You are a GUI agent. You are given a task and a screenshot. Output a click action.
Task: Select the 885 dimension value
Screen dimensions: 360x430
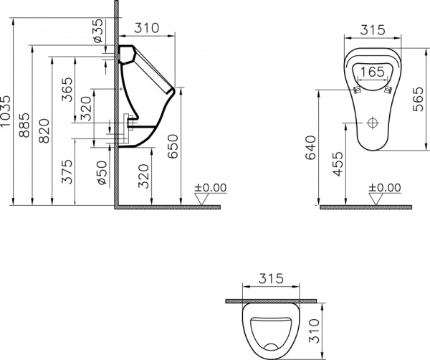click(25, 128)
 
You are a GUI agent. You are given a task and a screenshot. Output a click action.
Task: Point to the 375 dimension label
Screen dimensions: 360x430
click(67, 173)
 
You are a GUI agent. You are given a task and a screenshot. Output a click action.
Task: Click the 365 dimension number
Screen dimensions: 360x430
click(67, 92)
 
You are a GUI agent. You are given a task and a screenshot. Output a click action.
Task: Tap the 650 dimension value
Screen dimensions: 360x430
click(173, 147)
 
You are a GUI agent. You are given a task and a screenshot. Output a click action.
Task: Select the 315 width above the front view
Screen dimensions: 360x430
click(371, 29)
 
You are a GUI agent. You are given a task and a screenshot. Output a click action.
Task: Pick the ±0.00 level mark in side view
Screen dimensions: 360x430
click(211, 188)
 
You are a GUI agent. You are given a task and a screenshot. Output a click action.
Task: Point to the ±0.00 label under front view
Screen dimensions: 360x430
click(385, 188)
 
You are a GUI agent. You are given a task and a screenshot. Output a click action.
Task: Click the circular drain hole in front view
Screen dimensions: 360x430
click(371, 123)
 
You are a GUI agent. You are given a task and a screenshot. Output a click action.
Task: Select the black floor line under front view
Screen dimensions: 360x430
click(365, 207)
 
